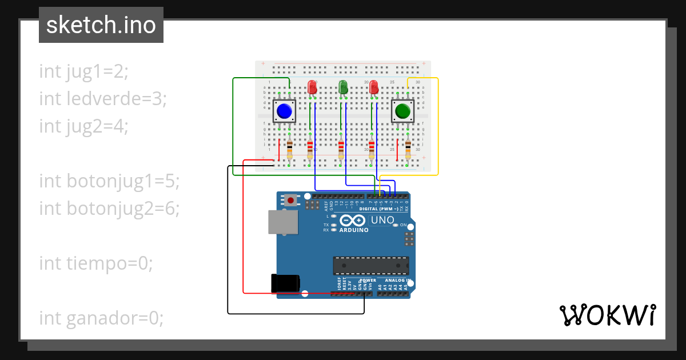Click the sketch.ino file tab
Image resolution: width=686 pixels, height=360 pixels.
tap(101, 25)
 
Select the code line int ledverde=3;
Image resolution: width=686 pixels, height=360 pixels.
tap(103, 99)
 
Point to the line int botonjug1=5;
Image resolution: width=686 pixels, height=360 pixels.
tap(109, 181)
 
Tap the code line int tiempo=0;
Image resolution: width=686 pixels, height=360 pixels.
tap(96, 263)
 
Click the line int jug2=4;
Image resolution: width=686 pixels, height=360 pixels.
tap(83, 126)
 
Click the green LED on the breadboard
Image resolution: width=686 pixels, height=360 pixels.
tap(343, 87)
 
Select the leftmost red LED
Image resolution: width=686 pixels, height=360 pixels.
tap(312, 87)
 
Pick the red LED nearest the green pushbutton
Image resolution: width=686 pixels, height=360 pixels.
tap(374, 87)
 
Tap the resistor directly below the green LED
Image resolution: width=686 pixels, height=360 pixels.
tap(341, 149)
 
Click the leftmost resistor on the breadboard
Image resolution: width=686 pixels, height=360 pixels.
tap(290, 149)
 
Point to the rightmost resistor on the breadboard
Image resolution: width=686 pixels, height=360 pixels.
tap(408, 149)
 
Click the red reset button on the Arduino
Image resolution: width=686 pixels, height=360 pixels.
tap(291, 201)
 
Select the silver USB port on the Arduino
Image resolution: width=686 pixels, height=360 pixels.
tap(282, 222)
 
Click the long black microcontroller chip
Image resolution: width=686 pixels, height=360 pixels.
tap(371, 266)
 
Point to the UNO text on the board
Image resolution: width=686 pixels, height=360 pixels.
tap(382, 221)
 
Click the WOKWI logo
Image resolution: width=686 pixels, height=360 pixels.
tap(607, 315)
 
